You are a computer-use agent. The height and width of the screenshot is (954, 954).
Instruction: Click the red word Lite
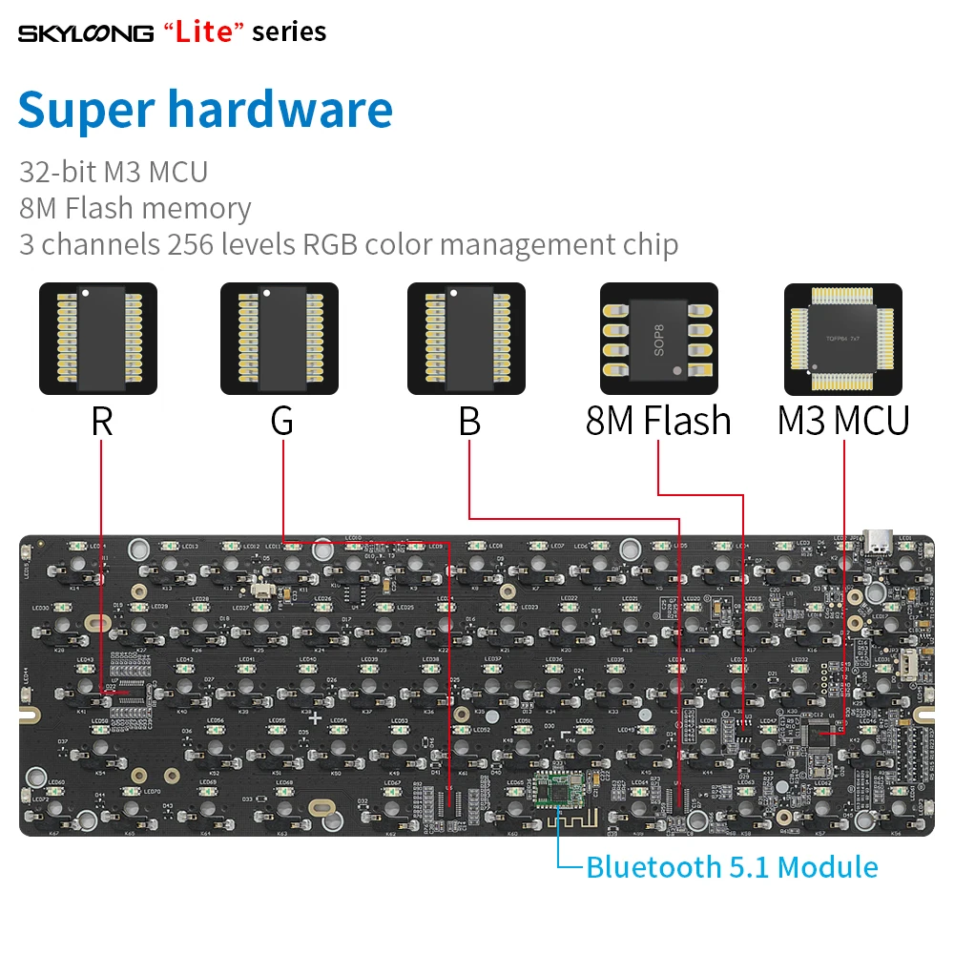tap(204, 31)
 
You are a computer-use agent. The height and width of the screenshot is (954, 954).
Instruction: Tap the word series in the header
tap(289, 31)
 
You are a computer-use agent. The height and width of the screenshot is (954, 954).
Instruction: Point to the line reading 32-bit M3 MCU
tap(114, 172)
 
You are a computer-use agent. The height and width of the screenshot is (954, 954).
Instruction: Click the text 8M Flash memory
tap(135, 208)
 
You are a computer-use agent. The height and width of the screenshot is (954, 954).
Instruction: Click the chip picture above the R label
tap(98, 339)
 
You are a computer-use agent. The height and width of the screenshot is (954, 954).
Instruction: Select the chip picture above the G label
tap(280, 339)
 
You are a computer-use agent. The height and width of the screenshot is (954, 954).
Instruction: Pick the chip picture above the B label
tap(467, 339)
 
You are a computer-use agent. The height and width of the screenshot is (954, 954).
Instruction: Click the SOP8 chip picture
tap(658, 339)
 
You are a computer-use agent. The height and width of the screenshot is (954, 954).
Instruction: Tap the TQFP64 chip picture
tap(842, 339)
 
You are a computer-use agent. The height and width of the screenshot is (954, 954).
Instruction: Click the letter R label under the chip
tap(101, 421)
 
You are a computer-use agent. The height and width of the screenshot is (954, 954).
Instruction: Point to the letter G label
tap(281, 421)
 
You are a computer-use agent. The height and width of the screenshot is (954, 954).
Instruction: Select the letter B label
tap(468, 421)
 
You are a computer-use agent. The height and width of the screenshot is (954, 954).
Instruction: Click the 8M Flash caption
tap(658, 421)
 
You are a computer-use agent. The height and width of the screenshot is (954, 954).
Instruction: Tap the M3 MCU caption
tap(843, 421)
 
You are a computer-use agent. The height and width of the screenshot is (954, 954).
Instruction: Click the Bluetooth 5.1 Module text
tap(732, 867)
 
